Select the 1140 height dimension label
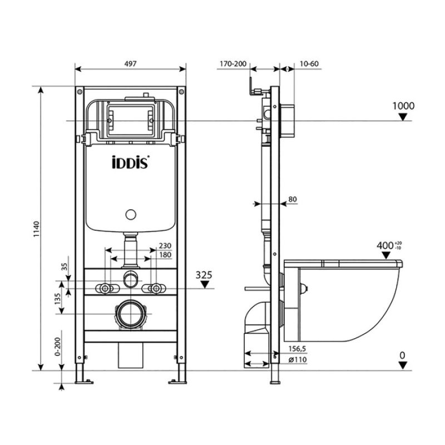tap(37, 229)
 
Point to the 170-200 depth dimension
tap(233, 64)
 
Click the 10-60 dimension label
tap(309, 64)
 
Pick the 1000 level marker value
tap(403, 106)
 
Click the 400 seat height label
tap(385, 245)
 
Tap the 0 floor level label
tap(402, 354)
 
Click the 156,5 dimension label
tap(298, 349)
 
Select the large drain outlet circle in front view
tap(132, 314)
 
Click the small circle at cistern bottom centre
tap(131, 214)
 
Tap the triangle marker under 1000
tap(404, 117)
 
